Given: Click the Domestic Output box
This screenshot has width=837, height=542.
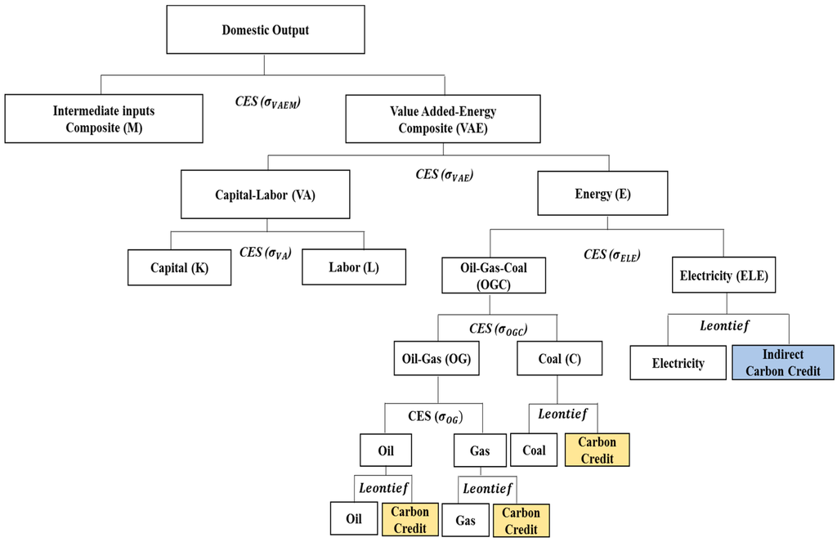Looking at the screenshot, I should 262,30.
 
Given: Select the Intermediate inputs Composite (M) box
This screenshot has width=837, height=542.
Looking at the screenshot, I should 103,119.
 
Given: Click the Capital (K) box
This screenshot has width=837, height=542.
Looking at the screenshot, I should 179,267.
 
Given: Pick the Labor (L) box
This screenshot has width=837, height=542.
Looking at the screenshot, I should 354,267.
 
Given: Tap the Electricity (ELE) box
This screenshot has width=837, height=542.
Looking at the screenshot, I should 722,275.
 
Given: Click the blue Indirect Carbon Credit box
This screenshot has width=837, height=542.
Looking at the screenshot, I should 783,362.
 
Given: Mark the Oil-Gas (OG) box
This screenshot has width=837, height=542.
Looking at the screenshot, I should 424,358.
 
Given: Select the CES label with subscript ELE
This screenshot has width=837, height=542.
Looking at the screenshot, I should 611,254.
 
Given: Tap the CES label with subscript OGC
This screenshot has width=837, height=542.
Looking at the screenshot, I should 499,328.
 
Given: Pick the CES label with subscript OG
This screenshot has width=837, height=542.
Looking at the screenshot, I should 435,417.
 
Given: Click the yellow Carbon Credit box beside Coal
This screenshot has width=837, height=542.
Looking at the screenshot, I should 597,450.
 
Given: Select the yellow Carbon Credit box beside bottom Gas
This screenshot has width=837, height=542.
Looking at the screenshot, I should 521,520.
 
